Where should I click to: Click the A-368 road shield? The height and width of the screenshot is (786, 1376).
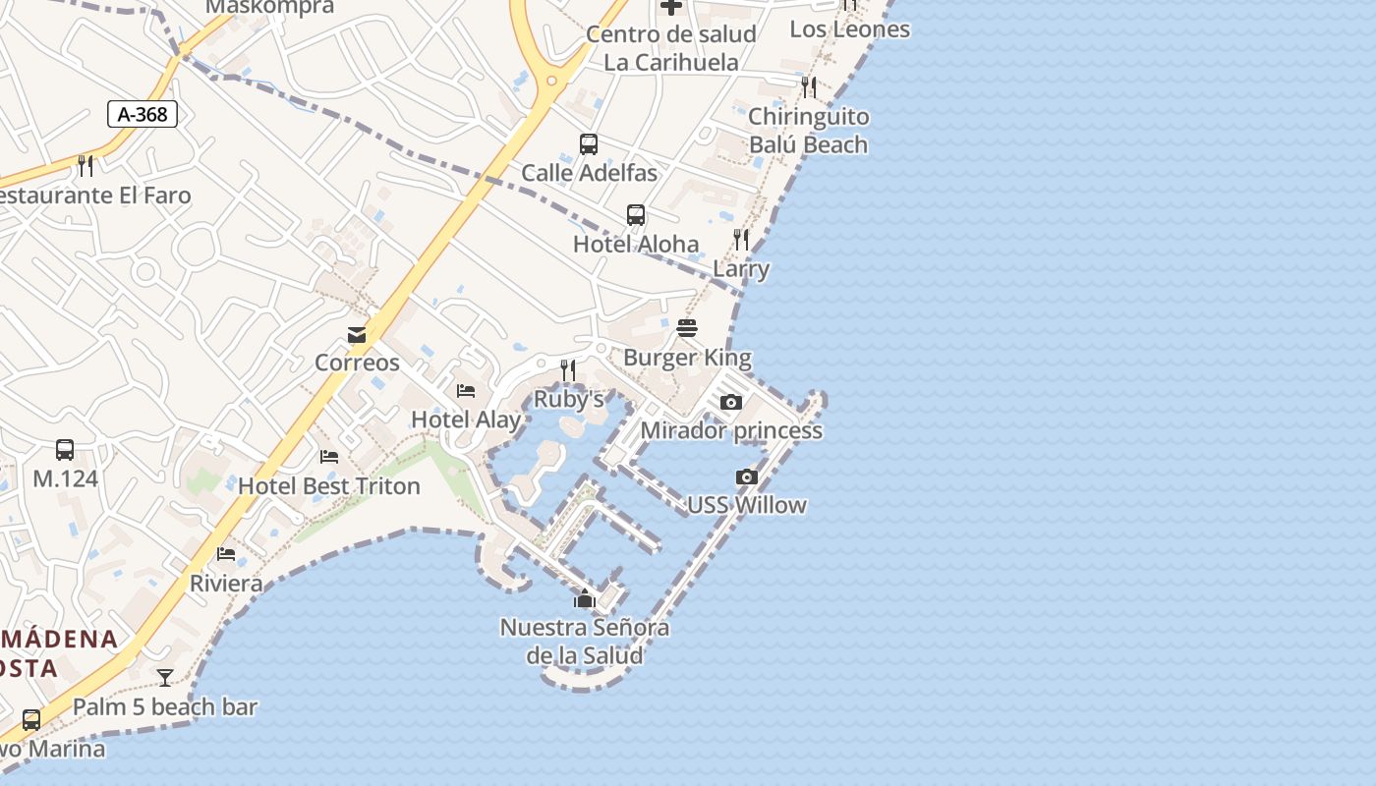143,114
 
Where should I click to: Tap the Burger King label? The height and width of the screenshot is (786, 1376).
687,358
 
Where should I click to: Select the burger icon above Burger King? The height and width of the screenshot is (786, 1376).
687,327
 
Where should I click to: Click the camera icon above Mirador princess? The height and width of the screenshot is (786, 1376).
731,402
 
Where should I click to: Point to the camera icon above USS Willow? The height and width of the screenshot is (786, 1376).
747,477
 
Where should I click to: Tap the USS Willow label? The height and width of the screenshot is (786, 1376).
747,505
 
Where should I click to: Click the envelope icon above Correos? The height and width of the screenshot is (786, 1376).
357,335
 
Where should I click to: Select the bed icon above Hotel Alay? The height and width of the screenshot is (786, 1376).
466,391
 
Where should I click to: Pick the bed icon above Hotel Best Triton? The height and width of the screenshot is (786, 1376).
329,457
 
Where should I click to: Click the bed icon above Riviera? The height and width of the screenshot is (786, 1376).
226,554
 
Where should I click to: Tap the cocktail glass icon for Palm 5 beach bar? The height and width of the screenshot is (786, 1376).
165,677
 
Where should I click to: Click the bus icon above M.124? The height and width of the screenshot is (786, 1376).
65,450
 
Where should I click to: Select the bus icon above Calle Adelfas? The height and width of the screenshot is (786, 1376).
589,144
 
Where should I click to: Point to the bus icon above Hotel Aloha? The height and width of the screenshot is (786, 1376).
636,215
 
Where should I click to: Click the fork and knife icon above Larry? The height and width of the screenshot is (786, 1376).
741,239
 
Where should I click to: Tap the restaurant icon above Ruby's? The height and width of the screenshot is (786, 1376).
568,370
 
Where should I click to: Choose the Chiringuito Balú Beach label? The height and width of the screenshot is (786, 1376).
809,131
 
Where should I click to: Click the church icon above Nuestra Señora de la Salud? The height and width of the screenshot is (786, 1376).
585,597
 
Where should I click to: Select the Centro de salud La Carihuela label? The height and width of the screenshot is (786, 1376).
671,48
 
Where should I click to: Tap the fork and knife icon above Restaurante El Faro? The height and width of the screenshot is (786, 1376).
86,166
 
